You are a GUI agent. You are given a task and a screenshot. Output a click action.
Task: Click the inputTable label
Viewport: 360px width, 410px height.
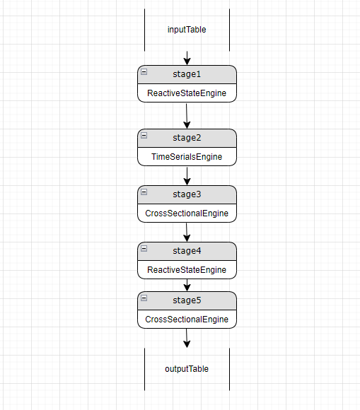187,30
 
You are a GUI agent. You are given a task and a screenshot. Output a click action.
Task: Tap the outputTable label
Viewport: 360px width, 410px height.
187,369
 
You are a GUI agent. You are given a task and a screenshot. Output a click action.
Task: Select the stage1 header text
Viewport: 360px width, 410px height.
187,74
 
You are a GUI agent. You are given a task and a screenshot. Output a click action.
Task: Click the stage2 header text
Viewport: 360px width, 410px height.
187,137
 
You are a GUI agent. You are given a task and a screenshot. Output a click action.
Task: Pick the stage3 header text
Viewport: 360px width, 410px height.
187,194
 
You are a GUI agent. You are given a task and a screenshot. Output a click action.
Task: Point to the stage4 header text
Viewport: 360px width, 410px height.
187,250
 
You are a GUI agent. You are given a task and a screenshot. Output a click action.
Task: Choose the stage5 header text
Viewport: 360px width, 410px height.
187,300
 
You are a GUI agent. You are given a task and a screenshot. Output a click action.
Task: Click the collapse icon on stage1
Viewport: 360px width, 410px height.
144,72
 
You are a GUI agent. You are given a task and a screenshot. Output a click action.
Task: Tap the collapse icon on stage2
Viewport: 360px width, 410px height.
144,136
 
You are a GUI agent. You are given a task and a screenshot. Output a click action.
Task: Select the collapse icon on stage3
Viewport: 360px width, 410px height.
144,192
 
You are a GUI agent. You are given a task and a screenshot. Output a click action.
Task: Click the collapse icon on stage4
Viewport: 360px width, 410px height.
144,249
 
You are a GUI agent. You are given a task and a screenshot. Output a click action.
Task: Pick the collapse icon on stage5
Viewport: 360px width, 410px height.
144,298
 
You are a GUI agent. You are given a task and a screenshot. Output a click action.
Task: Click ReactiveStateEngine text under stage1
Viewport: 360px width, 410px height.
187,93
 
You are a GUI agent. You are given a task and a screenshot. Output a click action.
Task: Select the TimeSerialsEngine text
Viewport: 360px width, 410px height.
187,157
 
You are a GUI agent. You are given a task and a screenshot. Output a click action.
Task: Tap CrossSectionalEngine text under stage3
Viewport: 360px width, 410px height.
187,213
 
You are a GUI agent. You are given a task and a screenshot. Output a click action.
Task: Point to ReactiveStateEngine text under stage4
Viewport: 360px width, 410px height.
187,270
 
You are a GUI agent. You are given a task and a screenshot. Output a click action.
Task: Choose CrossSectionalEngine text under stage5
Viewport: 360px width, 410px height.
187,320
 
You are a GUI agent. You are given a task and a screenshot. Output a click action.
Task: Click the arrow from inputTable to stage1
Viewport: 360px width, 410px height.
187,58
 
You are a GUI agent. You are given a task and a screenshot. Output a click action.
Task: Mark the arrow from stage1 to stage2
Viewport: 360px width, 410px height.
187,115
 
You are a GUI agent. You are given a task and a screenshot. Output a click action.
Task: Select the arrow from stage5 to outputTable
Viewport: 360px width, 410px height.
187,338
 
